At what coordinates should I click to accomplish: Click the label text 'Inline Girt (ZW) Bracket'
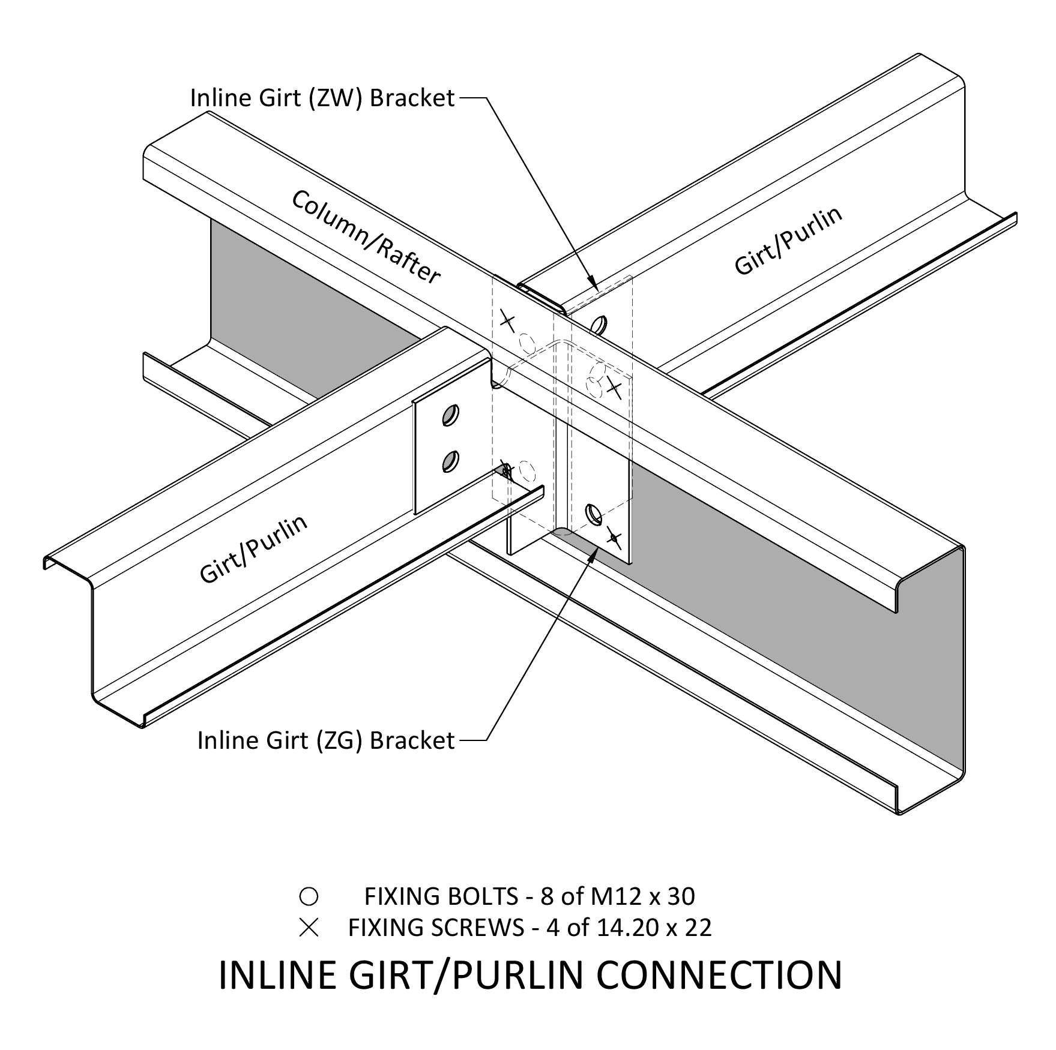(x=322, y=98)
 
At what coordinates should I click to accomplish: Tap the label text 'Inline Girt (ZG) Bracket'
(x=325, y=740)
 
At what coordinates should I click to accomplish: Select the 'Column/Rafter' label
(x=366, y=236)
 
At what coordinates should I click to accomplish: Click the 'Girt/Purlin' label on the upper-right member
(x=788, y=241)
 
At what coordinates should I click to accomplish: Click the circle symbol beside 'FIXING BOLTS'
(x=309, y=896)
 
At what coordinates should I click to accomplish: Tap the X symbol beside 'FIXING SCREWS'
(x=309, y=928)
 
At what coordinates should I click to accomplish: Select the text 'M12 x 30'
(x=642, y=896)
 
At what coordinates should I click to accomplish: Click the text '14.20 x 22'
(x=654, y=928)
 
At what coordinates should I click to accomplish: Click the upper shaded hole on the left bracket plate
(x=450, y=415)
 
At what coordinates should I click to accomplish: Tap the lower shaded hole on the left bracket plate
(x=450, y=461)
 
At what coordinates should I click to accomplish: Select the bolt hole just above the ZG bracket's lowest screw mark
(x=593, y=513)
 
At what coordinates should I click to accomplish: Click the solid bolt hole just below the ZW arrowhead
(x=598, y=325)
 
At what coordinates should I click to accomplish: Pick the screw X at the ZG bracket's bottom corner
(x=613, y=536)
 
